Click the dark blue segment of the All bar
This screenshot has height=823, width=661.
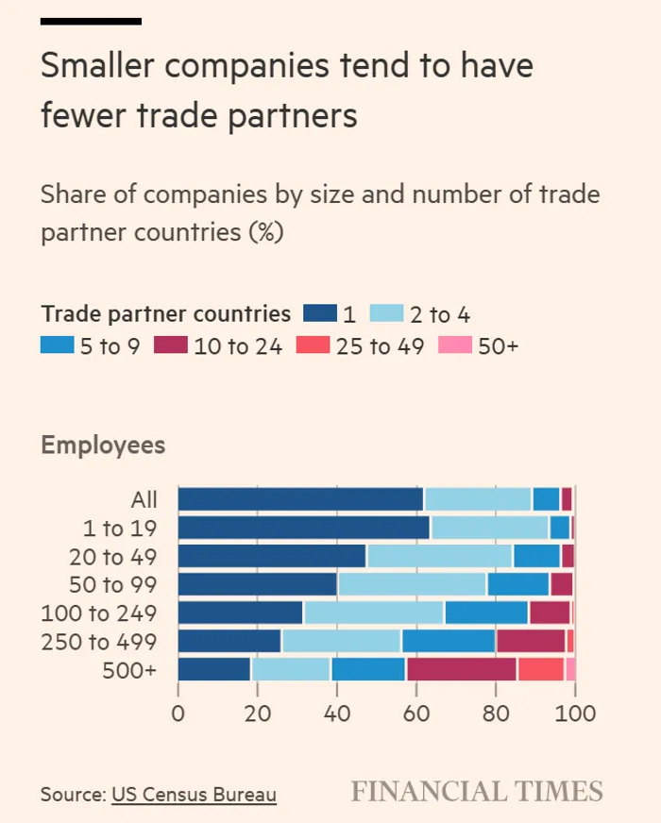[300, 499]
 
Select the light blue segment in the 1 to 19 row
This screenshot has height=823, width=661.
[490, 528]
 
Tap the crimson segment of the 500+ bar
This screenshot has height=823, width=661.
[462, 669]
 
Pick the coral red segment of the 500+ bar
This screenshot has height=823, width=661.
[540, 669]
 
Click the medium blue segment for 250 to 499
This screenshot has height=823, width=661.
[449, 641]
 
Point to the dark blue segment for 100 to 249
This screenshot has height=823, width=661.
[240, 613]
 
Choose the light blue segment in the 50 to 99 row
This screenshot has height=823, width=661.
[412, 584]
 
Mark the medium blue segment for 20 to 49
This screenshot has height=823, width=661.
[536, 556]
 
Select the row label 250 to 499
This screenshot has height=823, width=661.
[98, 642]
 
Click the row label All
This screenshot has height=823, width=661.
[144, 500]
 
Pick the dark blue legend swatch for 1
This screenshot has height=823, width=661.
[320, 314]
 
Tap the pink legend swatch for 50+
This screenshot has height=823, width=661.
[455, 346]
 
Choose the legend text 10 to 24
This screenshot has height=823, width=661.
[237, 346]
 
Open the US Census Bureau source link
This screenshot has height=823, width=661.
[194, 795]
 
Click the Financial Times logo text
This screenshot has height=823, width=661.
[477, 791]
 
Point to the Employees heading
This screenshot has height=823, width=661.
[103, 445]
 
